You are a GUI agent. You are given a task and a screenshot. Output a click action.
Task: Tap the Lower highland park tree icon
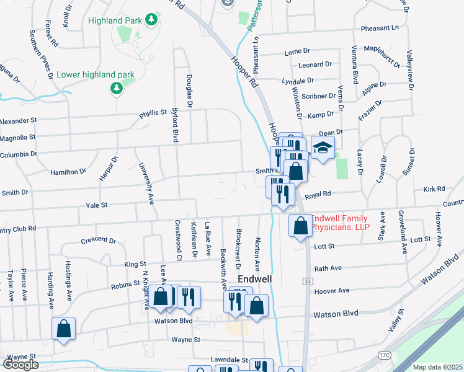coord(115,89)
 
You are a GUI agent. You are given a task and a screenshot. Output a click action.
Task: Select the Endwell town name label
coord(254,279)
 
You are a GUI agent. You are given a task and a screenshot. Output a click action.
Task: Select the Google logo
coord(20,365)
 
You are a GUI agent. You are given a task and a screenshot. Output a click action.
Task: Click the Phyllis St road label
coord(154,113)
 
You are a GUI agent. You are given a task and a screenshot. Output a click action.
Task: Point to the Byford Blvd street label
coord(176,125)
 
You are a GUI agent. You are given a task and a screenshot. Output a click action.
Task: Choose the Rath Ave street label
coord(328,268)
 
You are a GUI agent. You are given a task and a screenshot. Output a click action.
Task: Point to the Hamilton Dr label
coord(68,171)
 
